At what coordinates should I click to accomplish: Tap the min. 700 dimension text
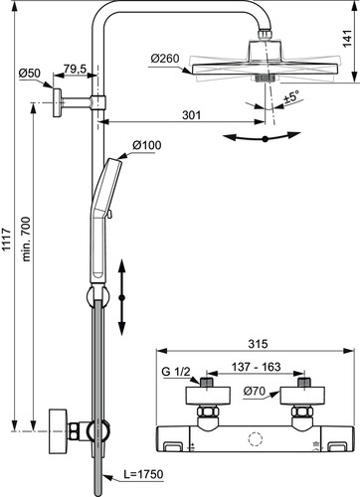[26, 240]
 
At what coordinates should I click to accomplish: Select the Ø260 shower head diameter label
[165, 59]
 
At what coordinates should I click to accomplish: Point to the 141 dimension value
[347, 39]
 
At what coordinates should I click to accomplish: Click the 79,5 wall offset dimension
[75, 69]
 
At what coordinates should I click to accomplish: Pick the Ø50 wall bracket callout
[30, 74]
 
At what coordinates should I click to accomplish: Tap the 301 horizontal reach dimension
[192, 115]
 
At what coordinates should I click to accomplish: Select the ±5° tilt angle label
[291, 96]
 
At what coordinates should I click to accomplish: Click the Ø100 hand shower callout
[147, 145]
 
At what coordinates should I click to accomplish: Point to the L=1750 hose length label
[143, 474]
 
